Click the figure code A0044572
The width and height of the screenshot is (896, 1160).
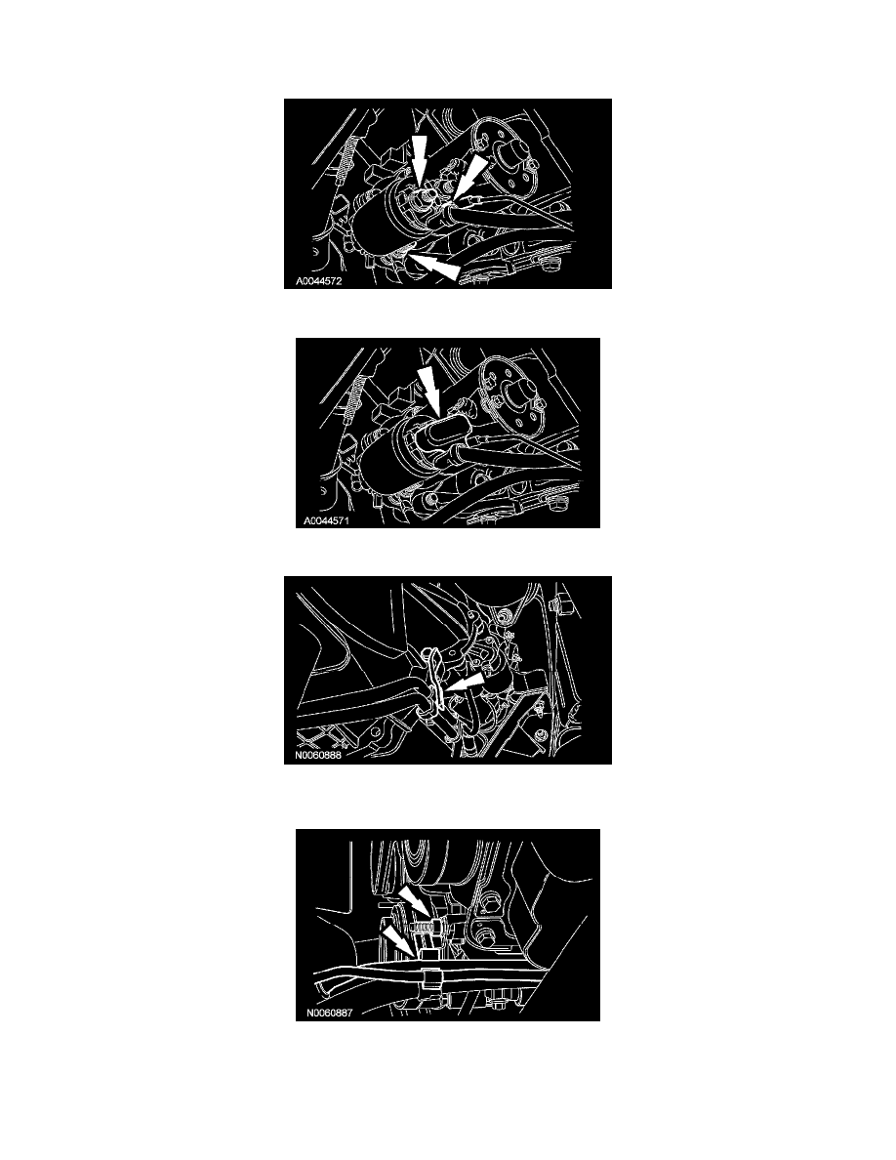(x=318, y=281)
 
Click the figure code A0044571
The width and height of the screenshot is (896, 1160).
(x=325, y=520)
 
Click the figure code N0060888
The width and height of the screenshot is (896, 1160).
(x=318, y=756)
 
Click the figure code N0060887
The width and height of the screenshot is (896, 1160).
(x=329, y=1013)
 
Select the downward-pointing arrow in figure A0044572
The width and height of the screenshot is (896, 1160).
(x=420, y=158)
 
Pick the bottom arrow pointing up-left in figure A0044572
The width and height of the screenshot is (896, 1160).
(x=435, y=267)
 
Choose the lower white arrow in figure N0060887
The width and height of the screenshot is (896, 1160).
(x=398, y=943)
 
